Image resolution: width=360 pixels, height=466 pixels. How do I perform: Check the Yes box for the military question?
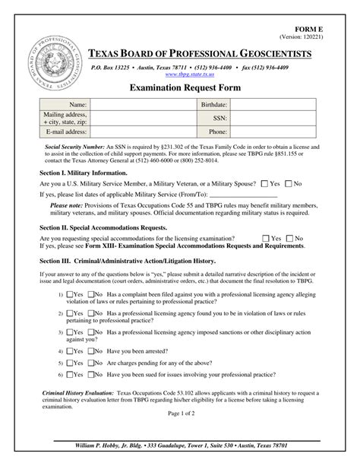[x=264, y=183]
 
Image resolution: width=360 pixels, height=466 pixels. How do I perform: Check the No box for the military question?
[x=288, y=183]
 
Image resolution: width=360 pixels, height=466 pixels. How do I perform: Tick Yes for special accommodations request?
[x=266, y=238]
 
